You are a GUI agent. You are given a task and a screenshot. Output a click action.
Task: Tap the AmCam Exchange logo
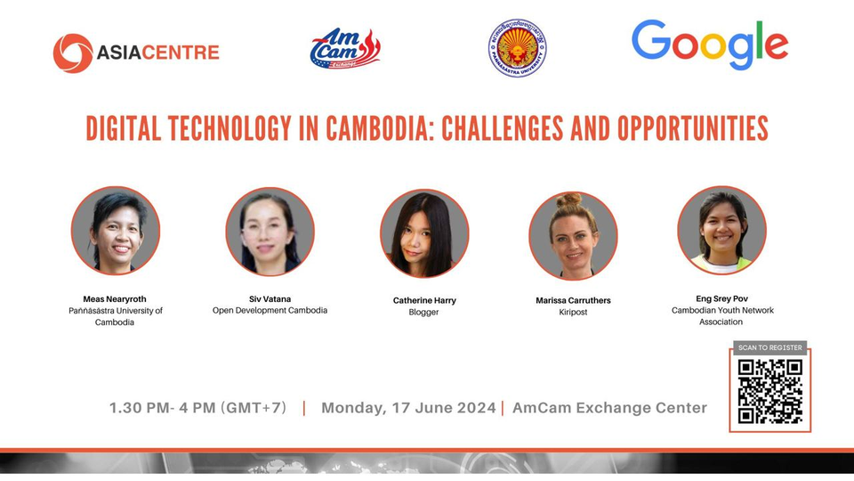coord(345,49)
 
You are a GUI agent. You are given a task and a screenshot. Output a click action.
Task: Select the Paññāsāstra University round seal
coord(517,48)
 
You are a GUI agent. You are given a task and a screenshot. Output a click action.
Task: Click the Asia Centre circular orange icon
coord(73,53)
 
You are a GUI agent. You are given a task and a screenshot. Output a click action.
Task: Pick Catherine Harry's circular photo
coord(424,233)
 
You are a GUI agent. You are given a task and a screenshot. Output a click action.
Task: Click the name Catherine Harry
coord(423,300)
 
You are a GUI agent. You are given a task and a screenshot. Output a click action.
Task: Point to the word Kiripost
coord(573,313)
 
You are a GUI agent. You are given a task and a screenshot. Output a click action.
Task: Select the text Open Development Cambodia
coord(270,310)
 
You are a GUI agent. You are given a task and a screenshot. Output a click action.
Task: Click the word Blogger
coord(423,313)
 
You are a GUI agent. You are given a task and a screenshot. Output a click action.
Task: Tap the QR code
coord(770,390)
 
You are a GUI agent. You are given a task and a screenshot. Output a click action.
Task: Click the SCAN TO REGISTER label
coord(770,347)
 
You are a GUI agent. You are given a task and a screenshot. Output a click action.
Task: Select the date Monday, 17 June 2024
coord(408,408)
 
